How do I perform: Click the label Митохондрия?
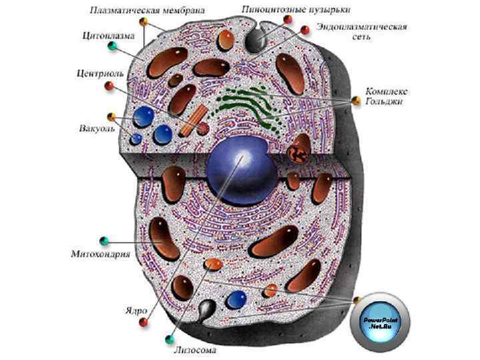[100, 254]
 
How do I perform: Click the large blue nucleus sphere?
[238, 169]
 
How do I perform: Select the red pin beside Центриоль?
[108, 85]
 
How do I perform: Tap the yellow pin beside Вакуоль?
[111, 117]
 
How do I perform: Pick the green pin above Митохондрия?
[103, 240]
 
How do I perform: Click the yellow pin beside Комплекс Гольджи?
[357, 101]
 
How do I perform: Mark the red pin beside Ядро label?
[143, 323]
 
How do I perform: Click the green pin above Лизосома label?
[170, 339]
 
